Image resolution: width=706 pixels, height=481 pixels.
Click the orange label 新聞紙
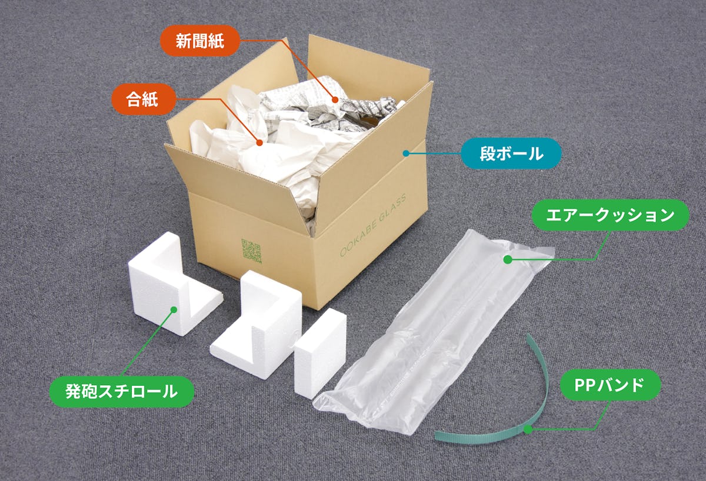[199, 41]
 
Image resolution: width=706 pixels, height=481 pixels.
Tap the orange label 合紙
[143, 99]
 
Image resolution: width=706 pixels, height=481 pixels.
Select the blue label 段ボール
[511, 153]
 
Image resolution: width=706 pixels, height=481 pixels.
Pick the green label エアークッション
[610, 215]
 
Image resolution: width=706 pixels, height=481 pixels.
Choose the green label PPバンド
[609, 385]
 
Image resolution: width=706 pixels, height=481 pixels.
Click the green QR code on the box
[251, 250]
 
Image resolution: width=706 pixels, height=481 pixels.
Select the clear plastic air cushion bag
[435, 329]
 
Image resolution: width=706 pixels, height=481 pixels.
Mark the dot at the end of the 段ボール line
[406, 153]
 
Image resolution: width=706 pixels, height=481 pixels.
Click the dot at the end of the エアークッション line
[506, 259]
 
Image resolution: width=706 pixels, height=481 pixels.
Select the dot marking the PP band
[528, 430]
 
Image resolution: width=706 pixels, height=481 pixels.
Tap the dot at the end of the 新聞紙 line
[335, 100]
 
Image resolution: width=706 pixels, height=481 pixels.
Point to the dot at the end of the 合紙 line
[259, 142]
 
